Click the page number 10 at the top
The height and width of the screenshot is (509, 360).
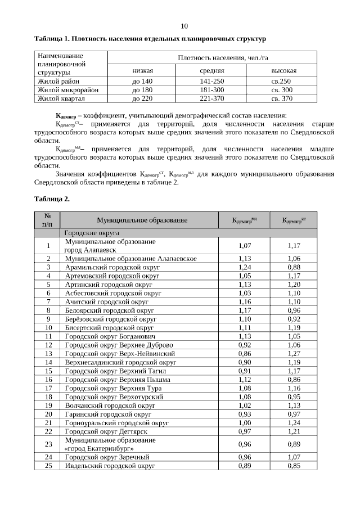[x=184, y=26]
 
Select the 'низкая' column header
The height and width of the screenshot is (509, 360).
[x=143, y=71]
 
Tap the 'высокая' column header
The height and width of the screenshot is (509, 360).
[x=284, y=71]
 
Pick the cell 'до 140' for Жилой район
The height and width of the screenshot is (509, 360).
[x=143, y=81]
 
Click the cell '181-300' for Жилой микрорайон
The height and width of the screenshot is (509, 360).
[x=212, y=90]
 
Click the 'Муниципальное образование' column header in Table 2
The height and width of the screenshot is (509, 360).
[x=142, y=220]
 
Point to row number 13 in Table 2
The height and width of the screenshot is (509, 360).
[x=48, y=353]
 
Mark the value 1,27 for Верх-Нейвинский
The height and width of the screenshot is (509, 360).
[x=293, y=353]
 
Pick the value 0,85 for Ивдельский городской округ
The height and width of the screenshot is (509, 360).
[x=293, y=466]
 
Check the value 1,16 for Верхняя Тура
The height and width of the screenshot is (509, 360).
[x=293, y=388]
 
